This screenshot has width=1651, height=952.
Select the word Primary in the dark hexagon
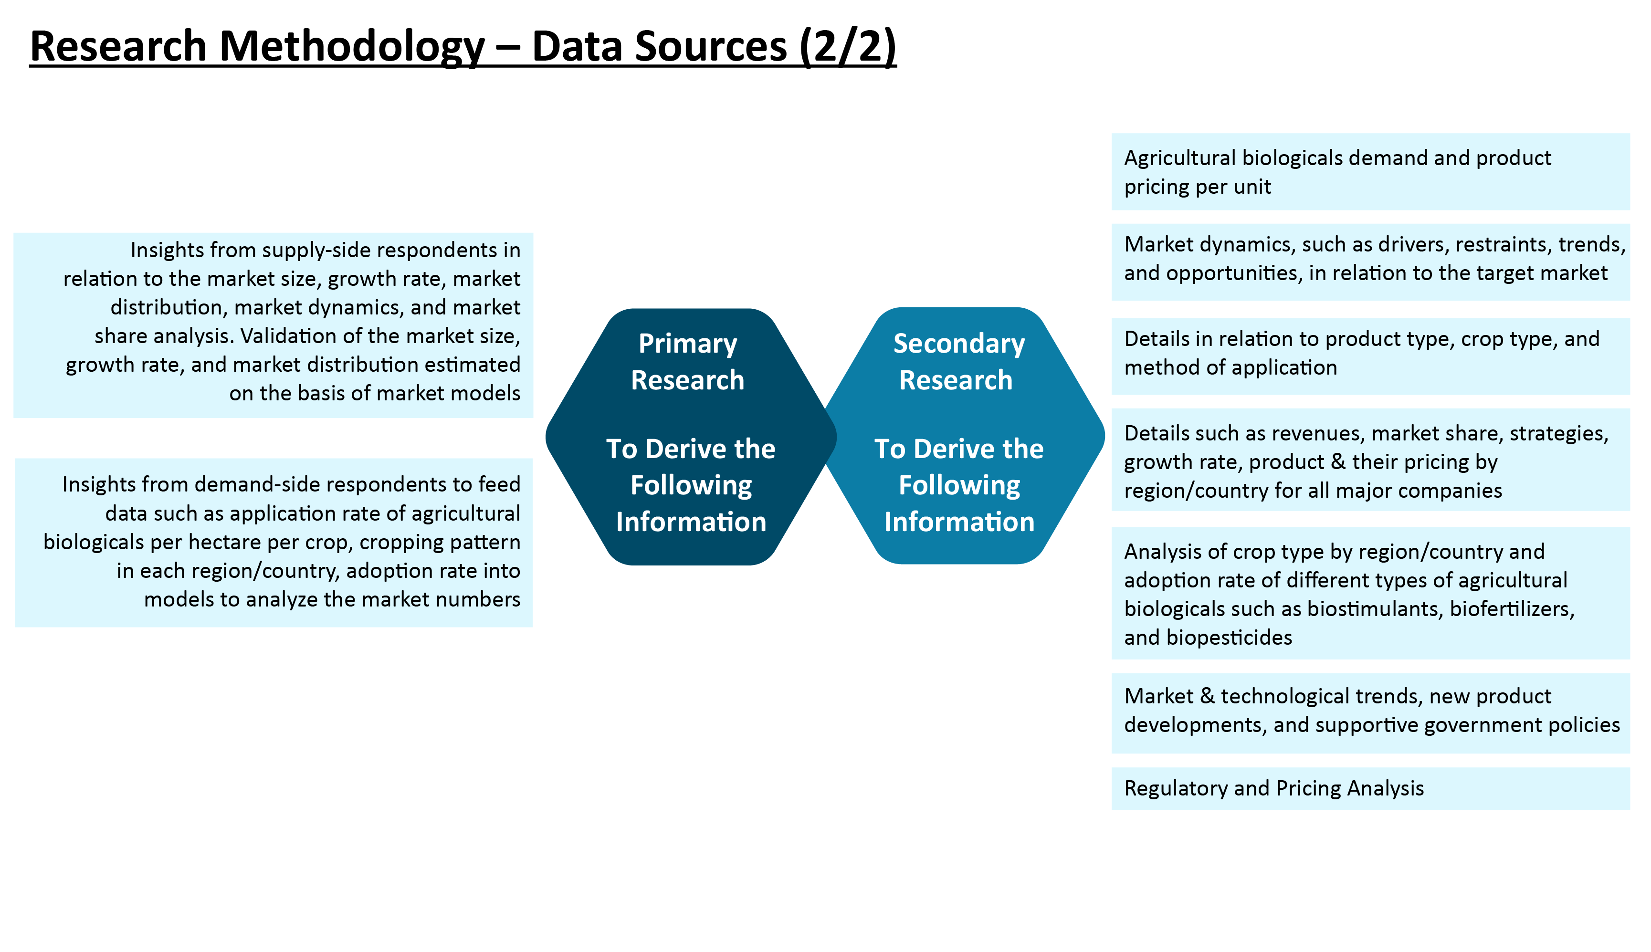pos(687,344)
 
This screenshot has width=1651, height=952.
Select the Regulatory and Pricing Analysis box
pos(1370,788)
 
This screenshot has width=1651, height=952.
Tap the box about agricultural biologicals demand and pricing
pos(1370,172)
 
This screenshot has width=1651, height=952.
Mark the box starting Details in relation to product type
pos(1370,356)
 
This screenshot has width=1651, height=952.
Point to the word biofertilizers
pos(1513,609)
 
